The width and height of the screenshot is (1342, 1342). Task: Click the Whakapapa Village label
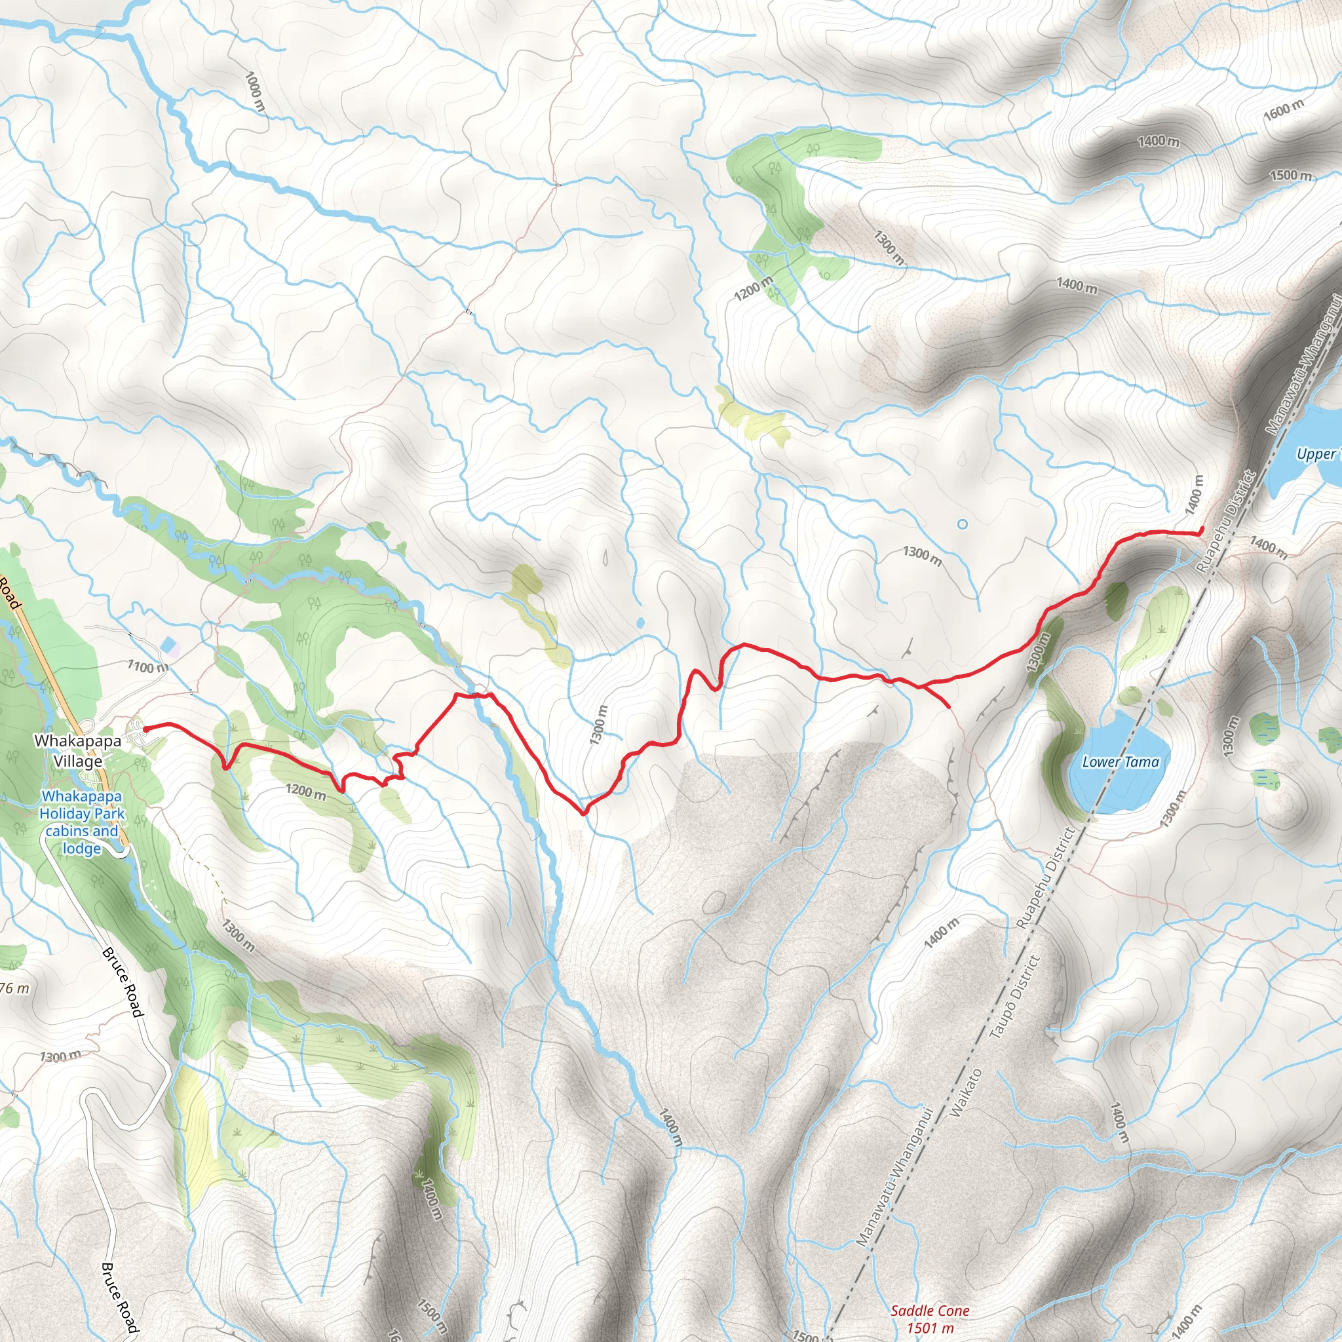pos(78,751)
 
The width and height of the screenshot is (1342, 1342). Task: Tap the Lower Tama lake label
pos(1121,762)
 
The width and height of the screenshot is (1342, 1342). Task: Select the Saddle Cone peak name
pos(929,1311)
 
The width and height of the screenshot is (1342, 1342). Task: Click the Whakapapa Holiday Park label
pos(82,822)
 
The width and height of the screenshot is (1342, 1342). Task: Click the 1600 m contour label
pos(1284,109)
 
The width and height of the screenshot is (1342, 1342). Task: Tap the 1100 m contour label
pos(147,667)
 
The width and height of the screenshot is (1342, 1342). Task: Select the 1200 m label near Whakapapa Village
pos(305,791)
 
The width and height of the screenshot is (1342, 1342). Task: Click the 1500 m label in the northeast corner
pos(1291,175)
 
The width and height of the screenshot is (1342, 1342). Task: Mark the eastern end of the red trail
pos(1202,531)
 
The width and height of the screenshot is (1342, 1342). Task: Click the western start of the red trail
pos(146,728)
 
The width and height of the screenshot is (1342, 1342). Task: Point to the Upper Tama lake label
pos(1316,454)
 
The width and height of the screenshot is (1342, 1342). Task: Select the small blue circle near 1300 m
pos(962,524)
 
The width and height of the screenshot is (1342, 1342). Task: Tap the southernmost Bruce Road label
pos(119,1297)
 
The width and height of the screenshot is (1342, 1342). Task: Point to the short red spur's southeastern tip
pos(949,707)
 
